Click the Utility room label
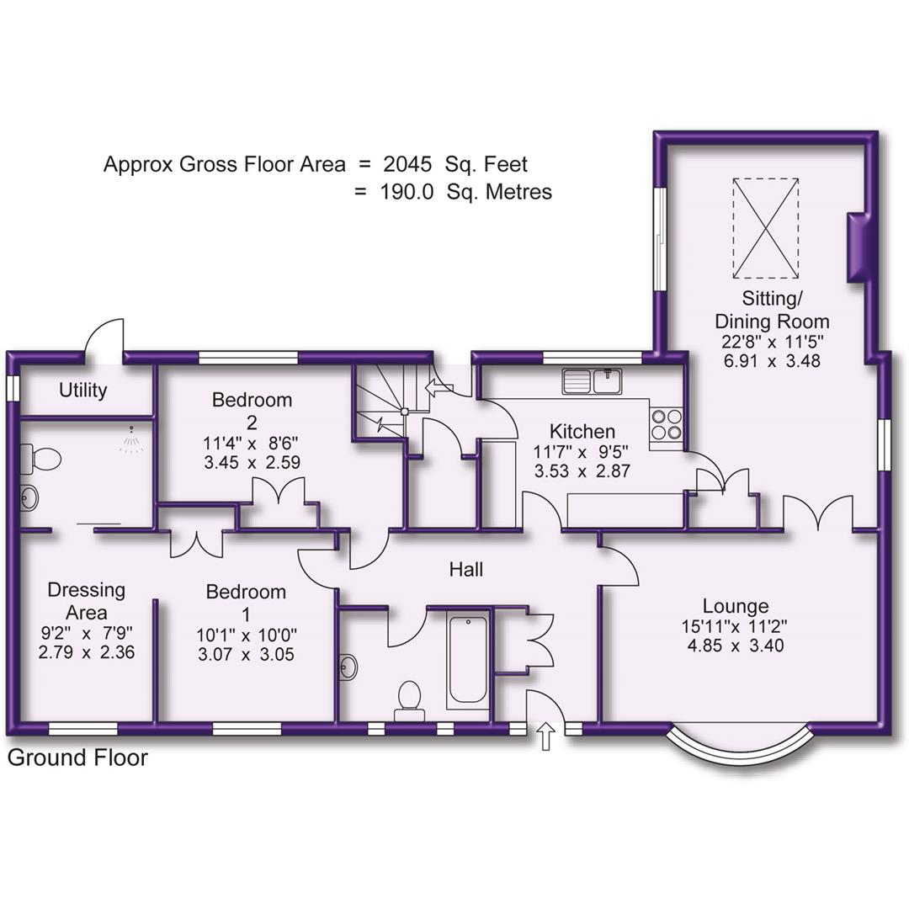(83, 391)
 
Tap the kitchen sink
(593, 381)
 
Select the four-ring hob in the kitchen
(667, 423)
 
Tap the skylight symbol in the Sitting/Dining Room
(765, 226)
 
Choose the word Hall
(465, 570)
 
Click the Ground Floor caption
(77, 757)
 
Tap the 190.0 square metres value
(407, 192)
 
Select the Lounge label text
(736, 606)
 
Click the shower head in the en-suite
(130, 439)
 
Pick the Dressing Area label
(87, 601)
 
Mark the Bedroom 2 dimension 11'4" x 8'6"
(252, 441)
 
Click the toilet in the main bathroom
(409, 698)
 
